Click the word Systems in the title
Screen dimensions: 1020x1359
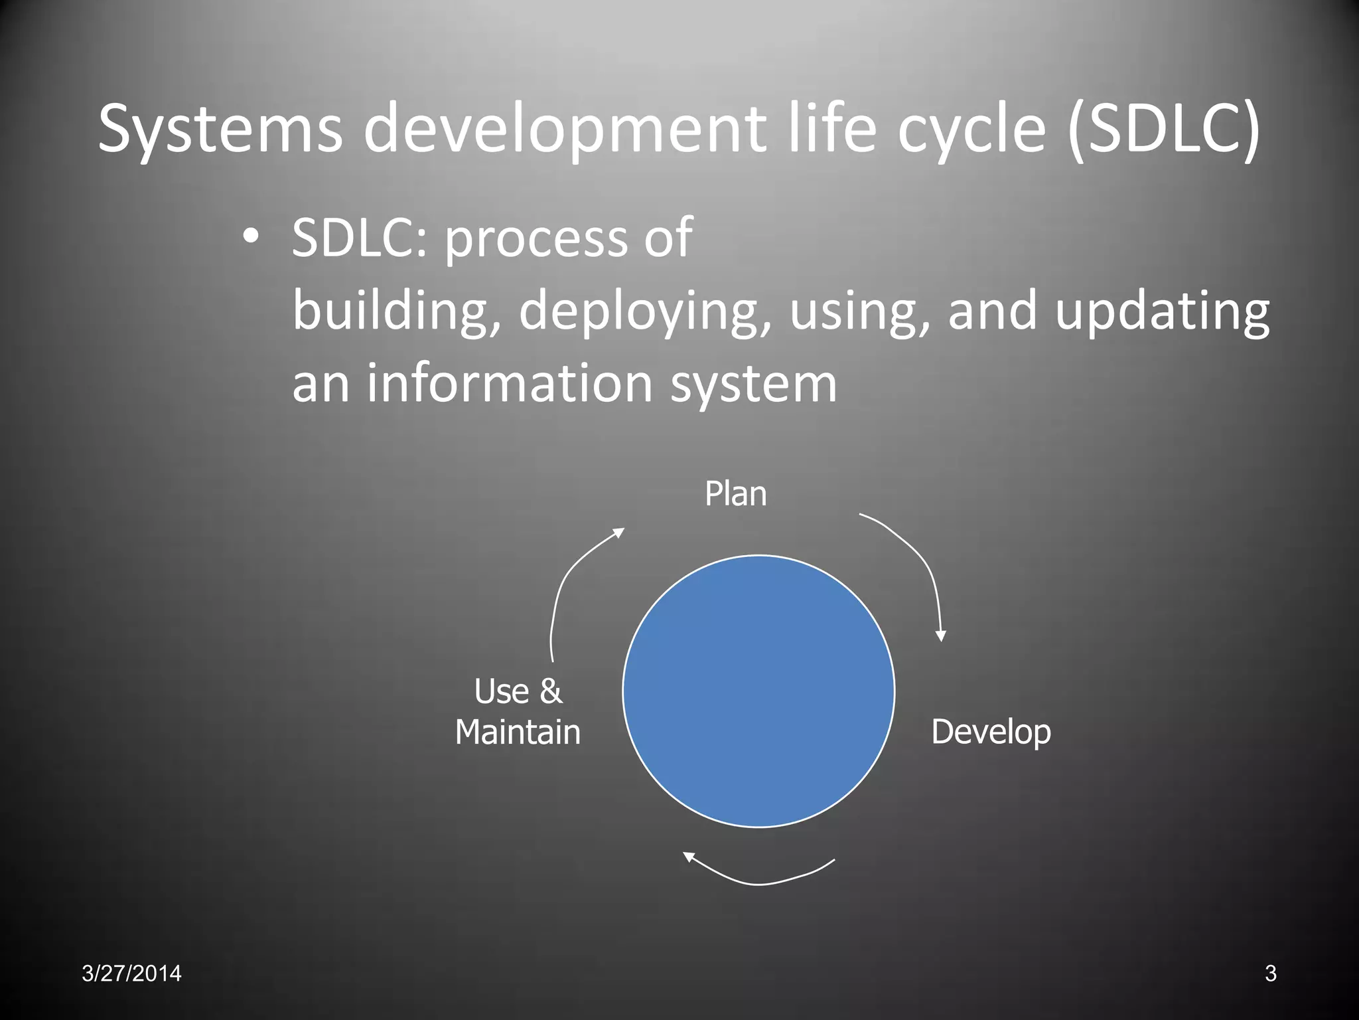pos(220,129)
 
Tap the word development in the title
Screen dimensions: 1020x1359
pos(564,129)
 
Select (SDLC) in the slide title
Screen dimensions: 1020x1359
pos(1165,129)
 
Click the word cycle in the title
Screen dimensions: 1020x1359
pos(972,129)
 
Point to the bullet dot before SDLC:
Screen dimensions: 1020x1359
pos(250,236)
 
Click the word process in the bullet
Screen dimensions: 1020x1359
pos(535,239)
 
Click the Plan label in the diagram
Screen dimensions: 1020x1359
pos(735,494)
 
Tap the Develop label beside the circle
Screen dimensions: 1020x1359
pos(991,732)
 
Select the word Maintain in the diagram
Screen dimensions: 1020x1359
pos(518,732)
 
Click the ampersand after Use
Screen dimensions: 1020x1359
pos(551,691)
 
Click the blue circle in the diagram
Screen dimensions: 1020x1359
pos(758,691)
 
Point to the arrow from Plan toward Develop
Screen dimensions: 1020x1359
pos(920,558)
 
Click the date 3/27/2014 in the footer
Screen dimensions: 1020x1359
pos(131,974)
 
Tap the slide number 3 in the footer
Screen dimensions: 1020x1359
pos(1270,974)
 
